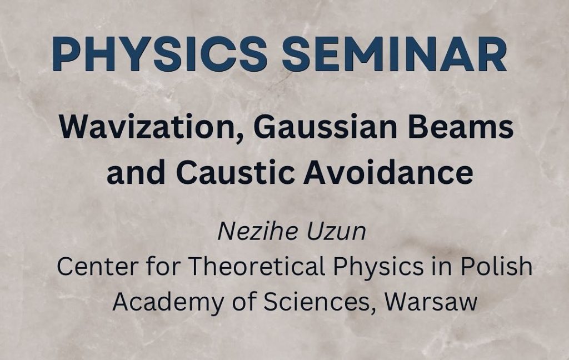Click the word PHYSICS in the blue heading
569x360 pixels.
click(160, 54)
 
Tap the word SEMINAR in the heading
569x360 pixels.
click(395, 54)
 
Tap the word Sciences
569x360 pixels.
click(320, 302)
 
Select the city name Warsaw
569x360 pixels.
click(431, 302)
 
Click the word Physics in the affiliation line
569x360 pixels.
click(378, 267)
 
